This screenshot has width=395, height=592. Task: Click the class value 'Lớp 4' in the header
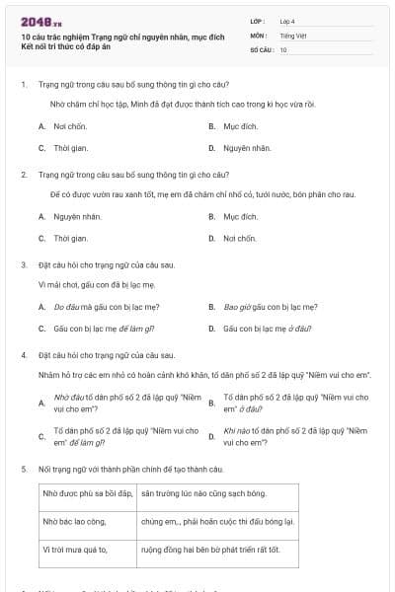287,20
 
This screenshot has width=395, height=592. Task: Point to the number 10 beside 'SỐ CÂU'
283,49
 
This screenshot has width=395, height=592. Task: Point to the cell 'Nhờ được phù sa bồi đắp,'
87,491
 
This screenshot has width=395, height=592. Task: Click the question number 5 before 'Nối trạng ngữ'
23,468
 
